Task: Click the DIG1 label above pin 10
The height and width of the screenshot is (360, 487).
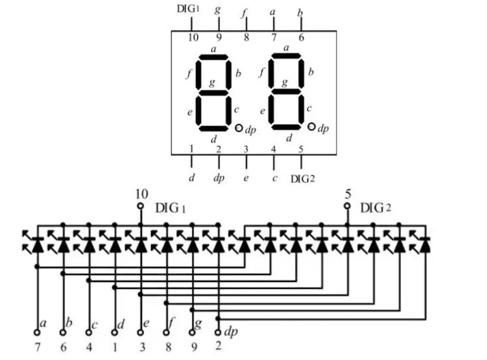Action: coord(188,8)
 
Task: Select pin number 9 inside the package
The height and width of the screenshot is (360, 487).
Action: coord(219,37)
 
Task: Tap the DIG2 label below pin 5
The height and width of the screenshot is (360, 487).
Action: coord(303,179)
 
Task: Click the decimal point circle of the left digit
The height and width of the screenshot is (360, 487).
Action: coord(238,128)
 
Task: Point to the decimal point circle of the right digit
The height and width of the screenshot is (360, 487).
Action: coord(311,126)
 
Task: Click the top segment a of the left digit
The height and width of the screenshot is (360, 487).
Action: coord(214,57)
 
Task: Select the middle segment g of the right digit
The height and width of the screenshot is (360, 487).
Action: coord(286,91)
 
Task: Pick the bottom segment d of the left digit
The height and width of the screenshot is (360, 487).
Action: coord(214,128)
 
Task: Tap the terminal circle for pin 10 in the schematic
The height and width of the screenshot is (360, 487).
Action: coord(141,206)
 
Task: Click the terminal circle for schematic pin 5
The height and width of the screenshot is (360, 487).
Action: coord(347,206)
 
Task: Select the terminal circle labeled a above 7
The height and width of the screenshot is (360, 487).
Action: coord(37,333)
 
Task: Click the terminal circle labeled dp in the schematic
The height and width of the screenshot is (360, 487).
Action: coord(218,333)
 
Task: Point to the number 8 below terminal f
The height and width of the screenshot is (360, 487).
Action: coord(169,347)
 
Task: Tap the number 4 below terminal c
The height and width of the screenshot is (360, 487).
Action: coord(89,347)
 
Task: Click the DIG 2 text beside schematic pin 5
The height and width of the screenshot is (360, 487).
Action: coord(376,208)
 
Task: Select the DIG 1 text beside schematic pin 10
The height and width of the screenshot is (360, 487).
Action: coord(170,208)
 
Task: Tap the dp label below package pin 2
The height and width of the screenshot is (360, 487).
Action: coord(219,178)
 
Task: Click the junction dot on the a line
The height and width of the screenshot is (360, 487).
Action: coord(37,266)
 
